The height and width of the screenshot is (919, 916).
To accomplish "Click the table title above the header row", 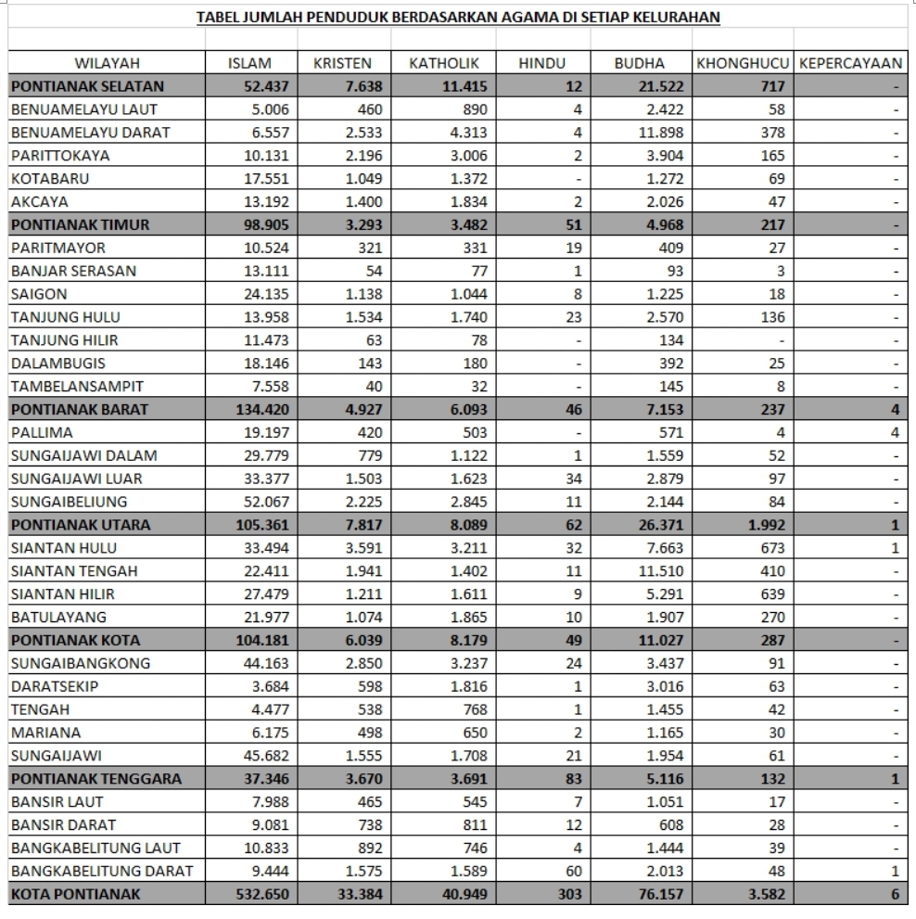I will pos(458,17).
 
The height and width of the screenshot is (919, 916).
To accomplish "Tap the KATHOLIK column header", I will pos(443,63).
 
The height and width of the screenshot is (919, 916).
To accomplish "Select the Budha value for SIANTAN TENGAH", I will pos(658,571).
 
